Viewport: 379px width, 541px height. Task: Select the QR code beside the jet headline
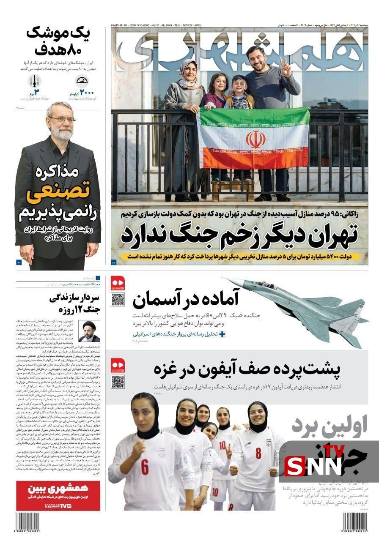[118, 300]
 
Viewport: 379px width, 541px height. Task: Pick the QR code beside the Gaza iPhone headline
[118, 381]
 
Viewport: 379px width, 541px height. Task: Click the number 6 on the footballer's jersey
[145, 468]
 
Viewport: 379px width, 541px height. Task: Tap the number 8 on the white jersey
[258, 453]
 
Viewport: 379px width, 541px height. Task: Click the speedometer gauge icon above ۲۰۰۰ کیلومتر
[82, 80]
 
